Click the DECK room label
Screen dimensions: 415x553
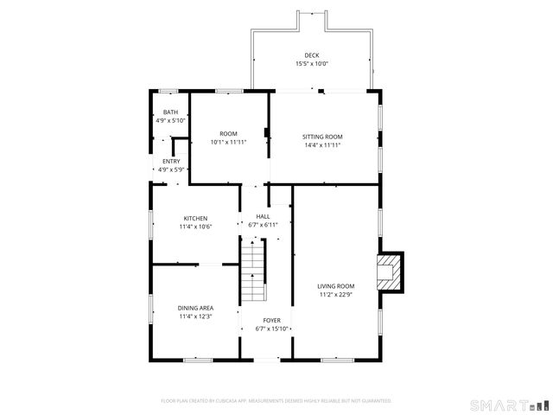pos(312,54)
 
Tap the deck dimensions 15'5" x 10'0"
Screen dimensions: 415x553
pos(312,63)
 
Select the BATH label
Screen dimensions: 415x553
pos(170,112)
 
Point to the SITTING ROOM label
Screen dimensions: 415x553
pos(322,137)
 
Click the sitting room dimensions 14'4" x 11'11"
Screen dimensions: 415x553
pos(322,145)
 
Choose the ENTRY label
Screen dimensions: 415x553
pos(170,162)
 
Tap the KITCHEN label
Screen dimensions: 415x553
pos(194,218)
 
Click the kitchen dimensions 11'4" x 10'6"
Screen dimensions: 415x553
pos(194,227)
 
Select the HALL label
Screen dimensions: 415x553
pos(263,216)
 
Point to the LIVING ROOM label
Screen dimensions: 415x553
pos(336,285)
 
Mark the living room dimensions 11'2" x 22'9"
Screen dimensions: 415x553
pos(336,294)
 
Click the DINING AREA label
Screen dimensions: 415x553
pos(195,308)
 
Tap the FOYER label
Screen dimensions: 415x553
pos(272,320)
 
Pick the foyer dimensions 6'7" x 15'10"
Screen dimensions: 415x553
pos(272,329)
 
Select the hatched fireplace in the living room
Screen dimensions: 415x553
pos(391,271)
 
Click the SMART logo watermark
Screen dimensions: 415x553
pos(508,405)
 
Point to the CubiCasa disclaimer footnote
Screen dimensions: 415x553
pos(276,400)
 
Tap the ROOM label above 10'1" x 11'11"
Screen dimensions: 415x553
pos(228,133)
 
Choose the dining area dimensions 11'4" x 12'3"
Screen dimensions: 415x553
pos(195,316)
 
